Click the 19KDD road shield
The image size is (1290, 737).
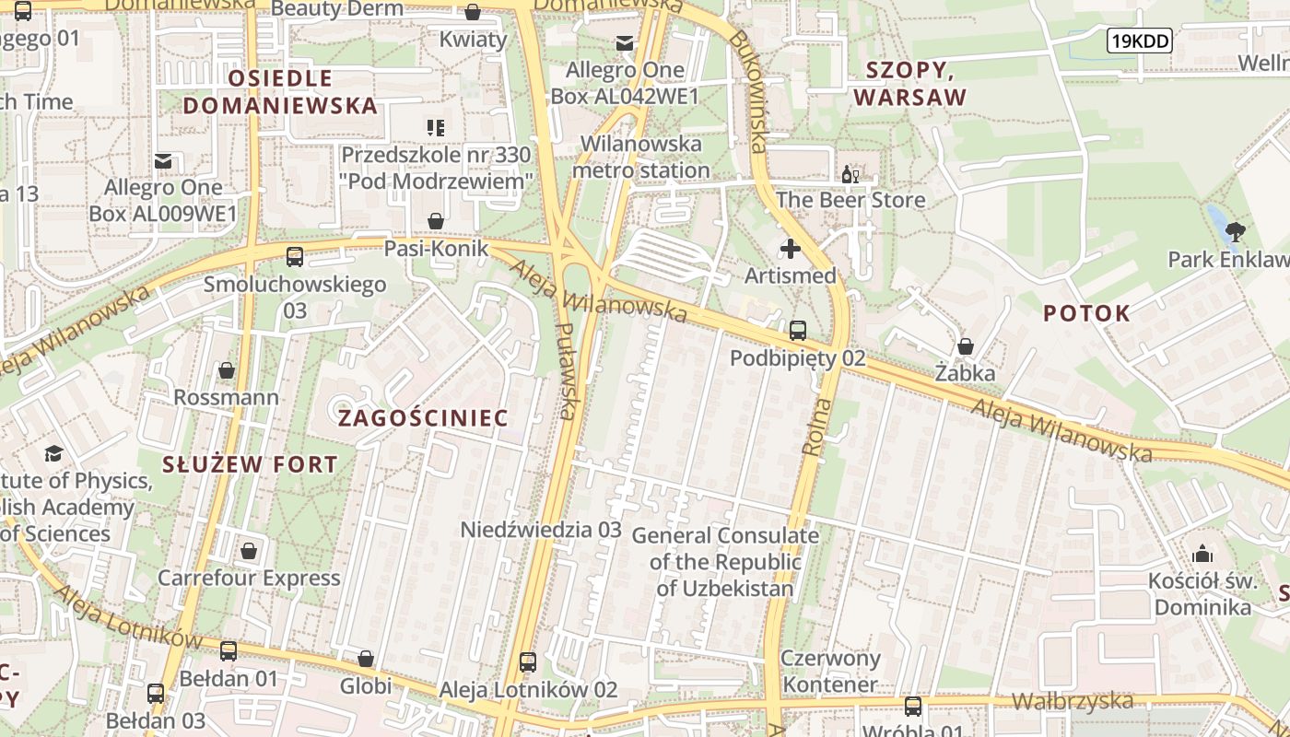pos(1139,40)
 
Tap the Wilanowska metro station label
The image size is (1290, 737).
pos(641,157)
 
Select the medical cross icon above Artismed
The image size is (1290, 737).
pos(791,249)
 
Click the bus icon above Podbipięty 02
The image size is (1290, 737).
pos(798,330)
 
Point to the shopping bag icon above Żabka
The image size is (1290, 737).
pos(966,346)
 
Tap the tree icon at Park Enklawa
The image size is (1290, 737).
pos(1236,231)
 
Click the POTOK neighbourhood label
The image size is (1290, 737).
pos(1086,313)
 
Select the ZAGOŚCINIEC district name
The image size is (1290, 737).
pos(423,418)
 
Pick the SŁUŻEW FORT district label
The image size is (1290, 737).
pos(250,464)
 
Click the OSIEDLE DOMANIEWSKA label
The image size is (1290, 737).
pos(280,91)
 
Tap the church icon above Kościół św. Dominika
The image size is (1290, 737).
pos(1202,554)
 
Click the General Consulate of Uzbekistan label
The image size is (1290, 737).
pos(724,562)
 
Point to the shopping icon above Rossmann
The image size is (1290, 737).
pos(227,370)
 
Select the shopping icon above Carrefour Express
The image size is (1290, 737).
pos(249,551)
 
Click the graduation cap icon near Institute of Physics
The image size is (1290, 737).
pos(53,453)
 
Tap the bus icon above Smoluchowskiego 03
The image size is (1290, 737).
pos(295,257)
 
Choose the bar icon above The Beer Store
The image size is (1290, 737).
pos(850,173)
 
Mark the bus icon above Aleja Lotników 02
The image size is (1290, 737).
pos(528,661)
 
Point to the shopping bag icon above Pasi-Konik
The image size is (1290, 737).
pos(436,221)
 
